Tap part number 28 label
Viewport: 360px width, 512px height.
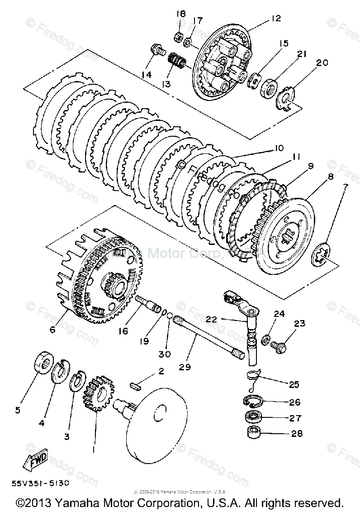coord(297,434)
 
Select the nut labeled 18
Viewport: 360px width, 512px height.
coord(178,35)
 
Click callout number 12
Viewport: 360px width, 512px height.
coord(276,19)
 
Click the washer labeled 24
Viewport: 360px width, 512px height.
coord(266,338)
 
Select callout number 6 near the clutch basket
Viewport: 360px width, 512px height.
coord(52,330)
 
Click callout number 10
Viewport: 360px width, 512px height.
coord(278,148)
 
